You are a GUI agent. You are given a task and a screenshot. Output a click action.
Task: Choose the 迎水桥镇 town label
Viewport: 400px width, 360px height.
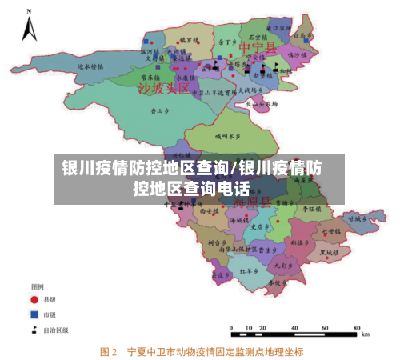point(90,66)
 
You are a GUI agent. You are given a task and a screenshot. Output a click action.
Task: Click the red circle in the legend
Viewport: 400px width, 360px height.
point(35,299)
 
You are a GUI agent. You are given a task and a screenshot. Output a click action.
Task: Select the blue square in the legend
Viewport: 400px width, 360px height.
point(35,314)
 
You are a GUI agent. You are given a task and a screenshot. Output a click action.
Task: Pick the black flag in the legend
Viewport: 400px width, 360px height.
point(35,328)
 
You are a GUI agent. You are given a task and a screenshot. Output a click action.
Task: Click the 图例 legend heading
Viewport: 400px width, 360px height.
point(37,286)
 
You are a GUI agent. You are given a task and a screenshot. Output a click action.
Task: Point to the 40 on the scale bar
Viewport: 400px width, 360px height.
point(323,328)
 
